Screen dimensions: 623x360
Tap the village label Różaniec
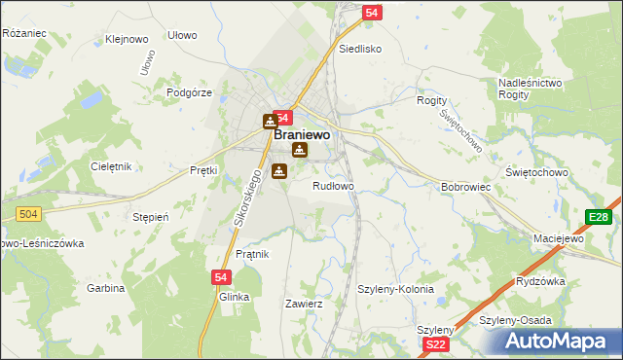coord(24,33)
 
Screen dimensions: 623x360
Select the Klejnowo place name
coord(127,41)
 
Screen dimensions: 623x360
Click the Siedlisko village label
coord(360,48)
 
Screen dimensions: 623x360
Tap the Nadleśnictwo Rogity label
coord(531,90)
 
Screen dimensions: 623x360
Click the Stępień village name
coord(151,217)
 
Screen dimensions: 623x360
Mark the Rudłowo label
coord(333,185)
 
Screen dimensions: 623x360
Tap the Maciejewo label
coord(558,238)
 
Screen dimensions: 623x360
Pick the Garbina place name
coord(106,288)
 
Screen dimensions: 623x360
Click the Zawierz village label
coord(303,304)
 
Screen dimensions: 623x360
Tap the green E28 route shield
coord(598,217)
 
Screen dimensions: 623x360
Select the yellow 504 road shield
coord(26,214)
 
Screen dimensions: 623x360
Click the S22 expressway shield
coord(437,344)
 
